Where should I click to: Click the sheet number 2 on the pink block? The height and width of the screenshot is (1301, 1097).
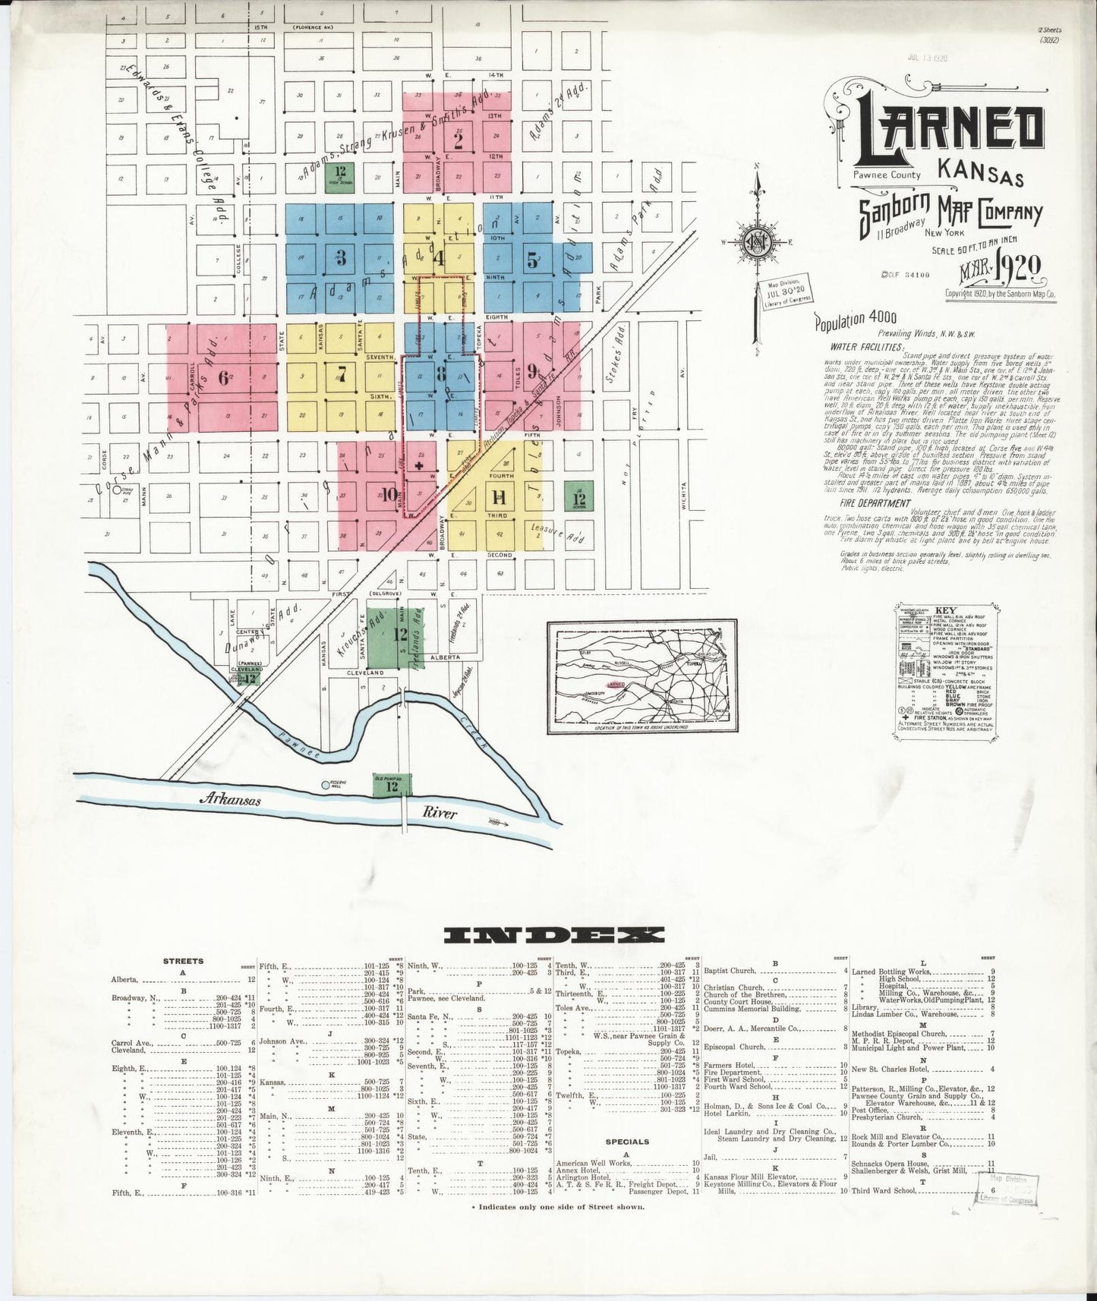(459, 139)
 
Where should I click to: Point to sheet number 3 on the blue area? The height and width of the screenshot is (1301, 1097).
(342, 258)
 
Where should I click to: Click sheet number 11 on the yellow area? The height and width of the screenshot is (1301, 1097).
(499, 498)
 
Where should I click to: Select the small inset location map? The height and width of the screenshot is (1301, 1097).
(641, 677)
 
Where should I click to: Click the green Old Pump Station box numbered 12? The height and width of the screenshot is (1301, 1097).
(392, 785)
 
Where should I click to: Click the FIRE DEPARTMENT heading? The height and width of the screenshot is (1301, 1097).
(875, 502)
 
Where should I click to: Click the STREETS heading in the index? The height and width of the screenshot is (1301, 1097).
(183, 960)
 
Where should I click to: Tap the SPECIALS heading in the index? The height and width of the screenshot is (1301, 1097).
(627, 1141)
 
